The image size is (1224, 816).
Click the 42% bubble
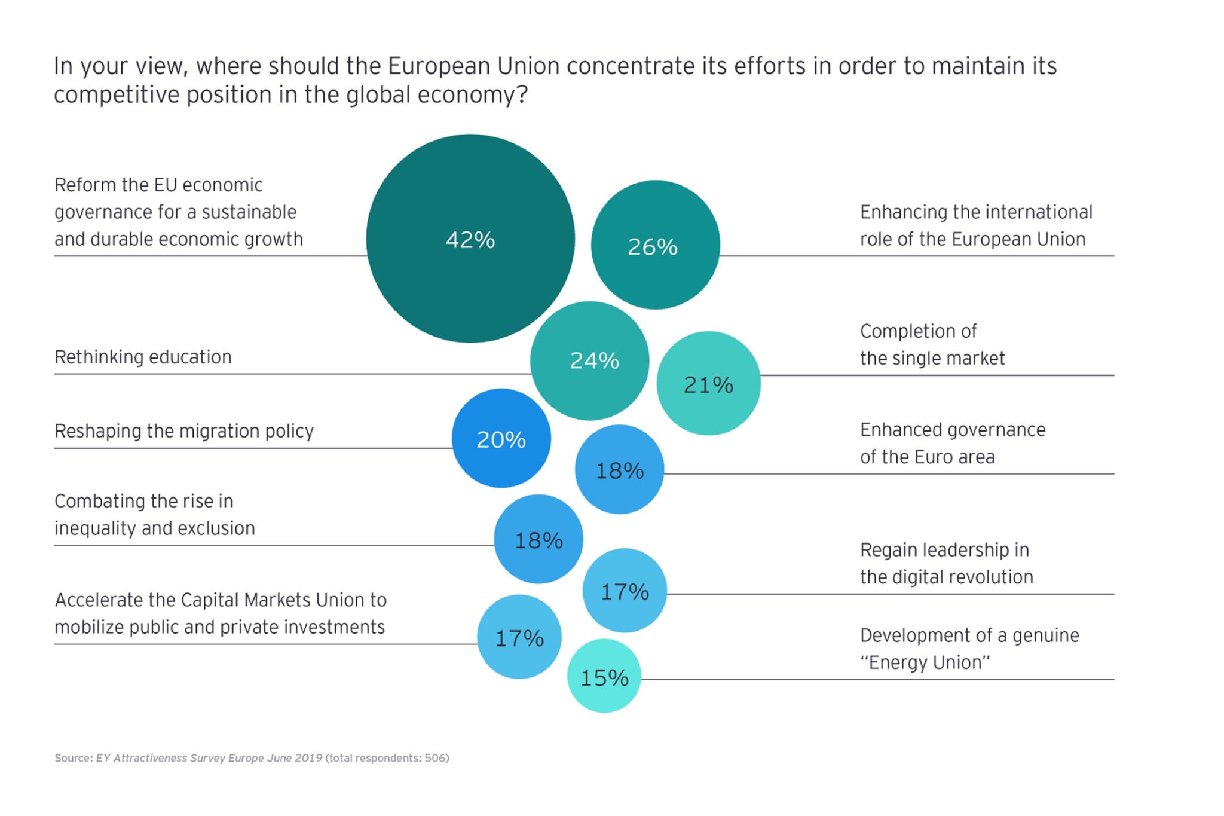tap(470, 239)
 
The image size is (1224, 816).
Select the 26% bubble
tap(655, 245)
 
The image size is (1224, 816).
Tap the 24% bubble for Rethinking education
tap(590, 360)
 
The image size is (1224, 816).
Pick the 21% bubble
tap(708, 384)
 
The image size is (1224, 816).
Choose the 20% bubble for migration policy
tap(501, 439)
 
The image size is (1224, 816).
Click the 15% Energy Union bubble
tap(604, 676)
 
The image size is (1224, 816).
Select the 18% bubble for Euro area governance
tap(619, 470)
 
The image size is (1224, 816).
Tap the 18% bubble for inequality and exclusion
tap(538, 539)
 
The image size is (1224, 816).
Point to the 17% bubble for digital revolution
tap(625, 591)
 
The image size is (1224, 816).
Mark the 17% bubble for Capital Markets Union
tap(519, 637)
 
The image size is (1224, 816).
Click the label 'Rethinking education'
tap(143, 357)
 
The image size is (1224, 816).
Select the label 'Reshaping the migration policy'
tap(184, 431)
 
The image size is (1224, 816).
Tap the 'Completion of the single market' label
tap(932, 345)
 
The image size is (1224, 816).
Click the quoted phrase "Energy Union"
tap(925, 662)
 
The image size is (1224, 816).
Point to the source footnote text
tap(251, 758)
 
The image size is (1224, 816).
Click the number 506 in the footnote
tap(435, 758)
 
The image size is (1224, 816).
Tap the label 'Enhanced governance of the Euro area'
tap(952, 443)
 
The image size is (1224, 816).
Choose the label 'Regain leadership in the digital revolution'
tap(946, 563)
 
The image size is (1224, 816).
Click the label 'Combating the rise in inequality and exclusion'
tap(154, 515)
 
